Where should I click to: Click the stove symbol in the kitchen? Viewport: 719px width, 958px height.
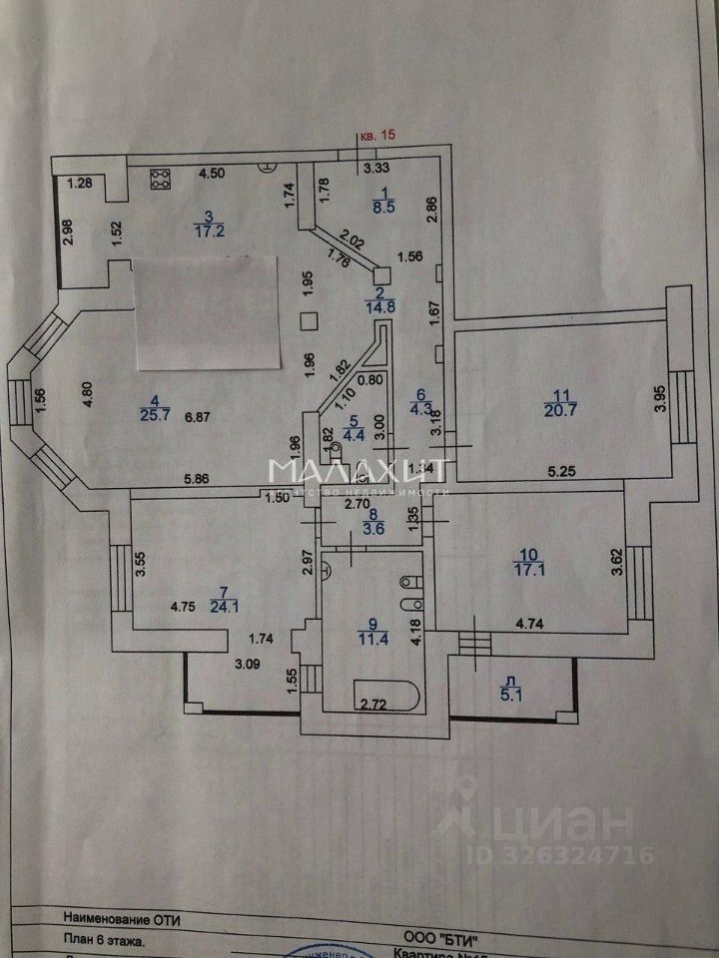pos(161,179)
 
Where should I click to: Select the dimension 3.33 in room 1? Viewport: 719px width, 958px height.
pos(376,168)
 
